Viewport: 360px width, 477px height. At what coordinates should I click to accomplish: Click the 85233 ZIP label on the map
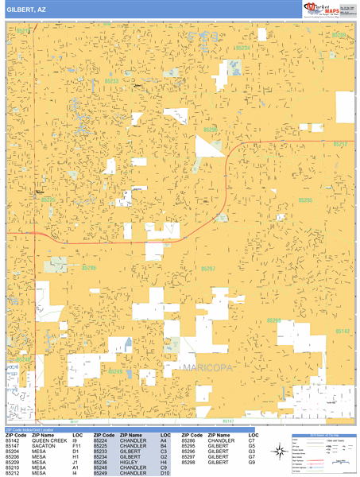click(111, 81)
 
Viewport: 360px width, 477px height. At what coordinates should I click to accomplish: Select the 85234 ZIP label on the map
click(243, 48)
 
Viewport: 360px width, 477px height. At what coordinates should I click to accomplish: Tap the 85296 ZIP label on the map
click(210, 129)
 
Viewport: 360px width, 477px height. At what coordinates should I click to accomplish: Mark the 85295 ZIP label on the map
click(306, 200)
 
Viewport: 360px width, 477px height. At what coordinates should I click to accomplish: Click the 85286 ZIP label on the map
click(89, 269)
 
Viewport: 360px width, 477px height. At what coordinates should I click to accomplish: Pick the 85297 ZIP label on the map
click(208, 270)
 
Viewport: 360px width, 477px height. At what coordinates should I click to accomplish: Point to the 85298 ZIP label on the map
click(273, 320)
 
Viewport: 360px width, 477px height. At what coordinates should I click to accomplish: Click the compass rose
click(279, 452)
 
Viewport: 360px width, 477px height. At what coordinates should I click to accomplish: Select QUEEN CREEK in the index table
click(48, 440)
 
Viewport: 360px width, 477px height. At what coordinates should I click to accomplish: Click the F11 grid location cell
click(76, 445)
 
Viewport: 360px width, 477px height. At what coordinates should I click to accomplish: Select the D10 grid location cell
click(164, 473)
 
